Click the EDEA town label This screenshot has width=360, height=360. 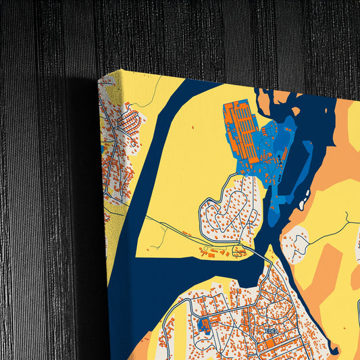[x=271, y=332]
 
